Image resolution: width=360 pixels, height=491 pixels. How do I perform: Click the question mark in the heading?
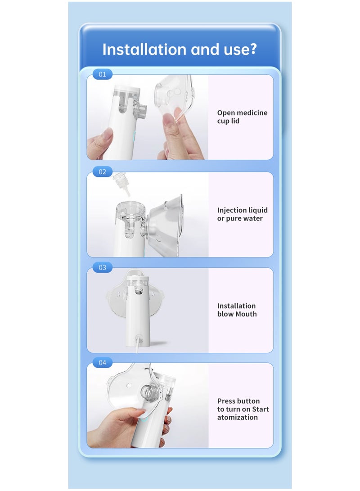click(252, 49)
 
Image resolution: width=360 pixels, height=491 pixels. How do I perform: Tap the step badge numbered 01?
click(102, 74)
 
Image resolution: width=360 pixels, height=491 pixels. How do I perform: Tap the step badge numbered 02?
click(102, 171)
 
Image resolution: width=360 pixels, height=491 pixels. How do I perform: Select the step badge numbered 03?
click(102, 267)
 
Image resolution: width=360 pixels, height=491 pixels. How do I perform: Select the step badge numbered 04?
click(102, 363)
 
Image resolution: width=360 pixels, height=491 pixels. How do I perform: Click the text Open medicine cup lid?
click(242, 117)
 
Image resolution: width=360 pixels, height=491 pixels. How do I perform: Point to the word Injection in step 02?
click(232, 210)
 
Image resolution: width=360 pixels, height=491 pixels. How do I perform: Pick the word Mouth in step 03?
click(247, 314)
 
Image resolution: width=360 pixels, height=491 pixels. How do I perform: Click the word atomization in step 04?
click(237, 417)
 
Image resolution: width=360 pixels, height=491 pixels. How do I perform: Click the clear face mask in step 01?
click(175, 97)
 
